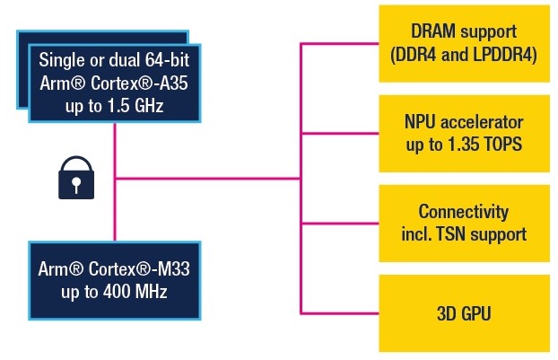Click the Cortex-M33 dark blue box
click(115, 278)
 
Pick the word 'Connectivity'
click(464, 213)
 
